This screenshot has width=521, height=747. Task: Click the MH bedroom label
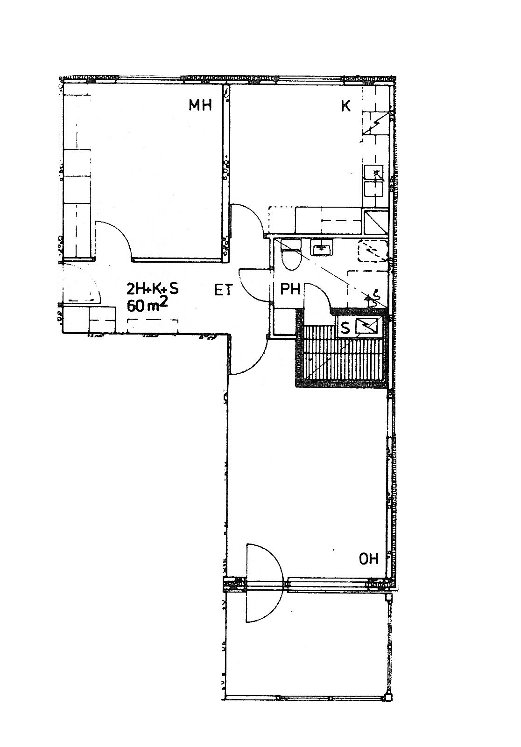coord(200,105)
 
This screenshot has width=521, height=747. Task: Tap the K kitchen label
coord(346,106)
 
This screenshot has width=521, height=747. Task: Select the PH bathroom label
coord(290,289)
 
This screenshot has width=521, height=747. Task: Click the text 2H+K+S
coord(153,288)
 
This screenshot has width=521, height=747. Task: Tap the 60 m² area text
coord(147,305)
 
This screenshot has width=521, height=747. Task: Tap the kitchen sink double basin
coord(374,182)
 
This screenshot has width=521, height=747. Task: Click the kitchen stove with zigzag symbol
coord(376,123)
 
